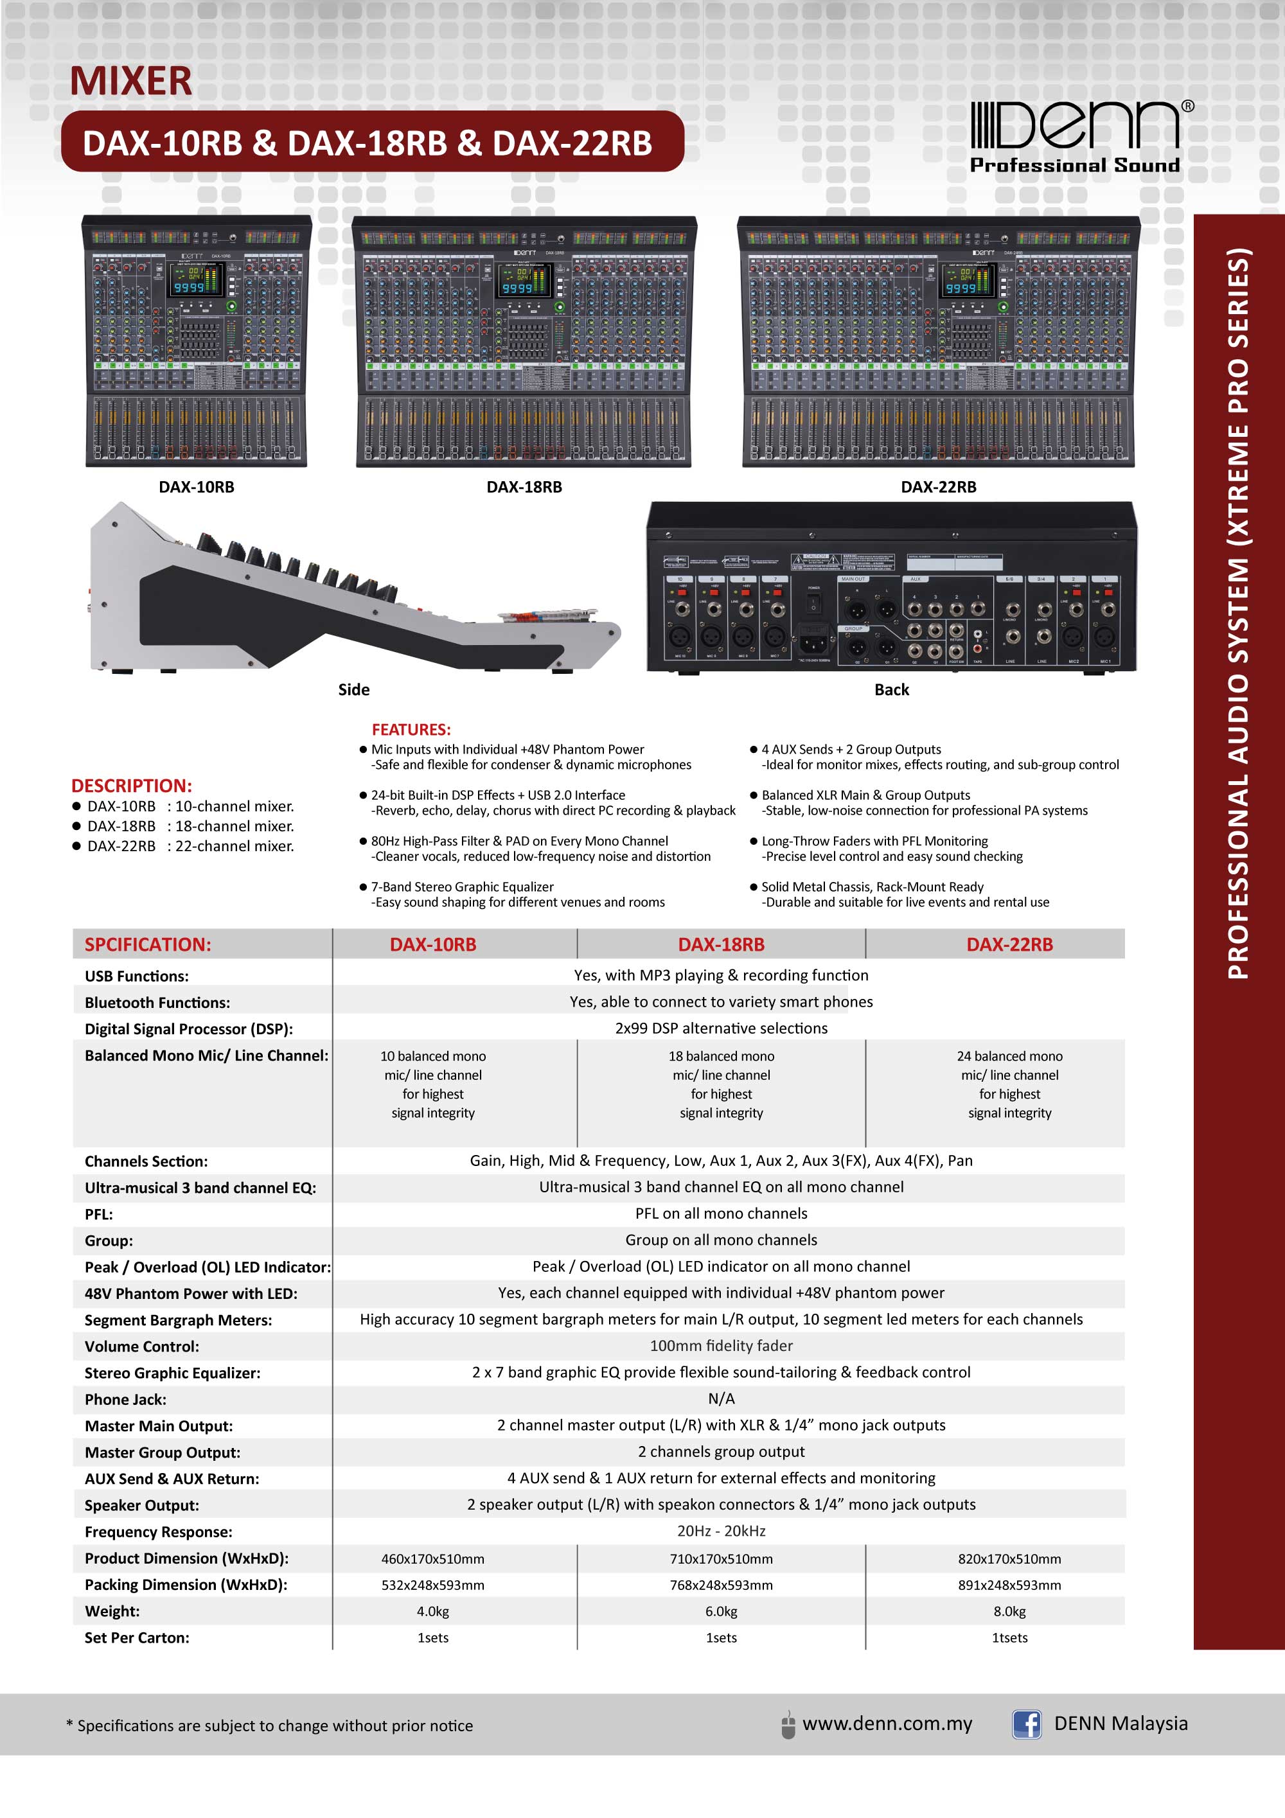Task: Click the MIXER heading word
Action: click(130, 81)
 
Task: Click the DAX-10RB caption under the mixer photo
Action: click(197, 487)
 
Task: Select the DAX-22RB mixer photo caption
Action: click(938, 487)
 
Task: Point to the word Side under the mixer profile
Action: click(354, 690)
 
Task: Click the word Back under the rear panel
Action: click(892, 690)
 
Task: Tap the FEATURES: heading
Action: click(411, 729)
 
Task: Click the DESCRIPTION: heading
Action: click(132, 786)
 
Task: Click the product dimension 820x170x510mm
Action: click(1009, 1559)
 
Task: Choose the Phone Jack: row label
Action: click(126, 1399)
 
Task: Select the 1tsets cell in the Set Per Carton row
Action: click(1009, 1637)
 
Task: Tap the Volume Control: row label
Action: click(142, 1346)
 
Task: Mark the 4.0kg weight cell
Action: click(433, 1611)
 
